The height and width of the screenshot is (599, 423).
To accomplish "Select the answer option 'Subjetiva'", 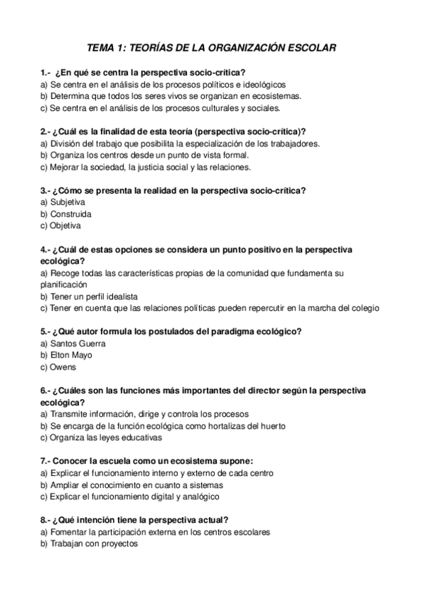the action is click(66, 202).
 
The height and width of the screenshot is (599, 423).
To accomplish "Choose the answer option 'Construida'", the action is click(70, 214).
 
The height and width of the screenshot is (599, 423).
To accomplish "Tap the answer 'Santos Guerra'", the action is click(77, 343).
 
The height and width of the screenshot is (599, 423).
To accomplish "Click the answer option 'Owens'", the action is click(62, 367).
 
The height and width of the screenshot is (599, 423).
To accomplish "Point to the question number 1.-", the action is click(47, 72).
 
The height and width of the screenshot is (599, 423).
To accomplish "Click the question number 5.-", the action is click(45, 331).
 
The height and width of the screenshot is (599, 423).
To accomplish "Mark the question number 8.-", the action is click(45, 519).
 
